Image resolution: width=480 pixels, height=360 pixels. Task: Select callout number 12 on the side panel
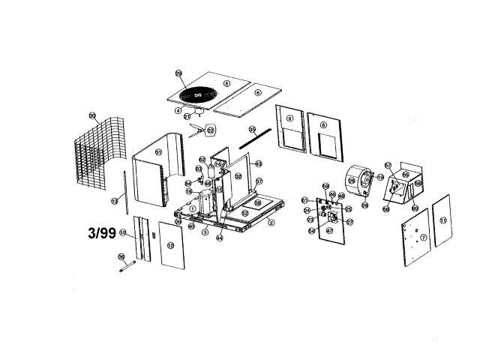pyautogui.click(x=170, y=246)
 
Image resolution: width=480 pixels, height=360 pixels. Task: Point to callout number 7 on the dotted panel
pyautogui.click(x=424, y=238)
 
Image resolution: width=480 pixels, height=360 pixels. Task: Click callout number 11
pyautogui.click(x=443, y=220)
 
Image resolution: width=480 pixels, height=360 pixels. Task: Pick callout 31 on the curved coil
pyautogui.click(x=158, y=152)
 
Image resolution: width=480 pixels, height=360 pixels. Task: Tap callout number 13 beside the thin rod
pyautogui.click(x=115, y=201)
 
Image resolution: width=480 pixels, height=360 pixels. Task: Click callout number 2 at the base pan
pyautogui.click(x=271, y=223)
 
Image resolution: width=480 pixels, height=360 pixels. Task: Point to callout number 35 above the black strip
pyautogui.click(x=253, y=130)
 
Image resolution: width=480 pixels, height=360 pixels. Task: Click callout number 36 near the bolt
pyautogui.click(x=121, y=256)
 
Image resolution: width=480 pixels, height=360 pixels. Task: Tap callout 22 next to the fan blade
pyautogui.click(x=211, y=130)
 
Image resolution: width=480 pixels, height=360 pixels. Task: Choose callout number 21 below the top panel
pyautogui.click(x=187, y=116)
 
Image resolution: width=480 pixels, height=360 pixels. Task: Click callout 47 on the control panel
pyautogui.click(x=329, y=232)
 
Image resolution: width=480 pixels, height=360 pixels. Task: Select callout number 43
pyautogui.click(x=259, y=163)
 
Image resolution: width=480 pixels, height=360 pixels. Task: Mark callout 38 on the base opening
pyautogui.click(x=256, y=202)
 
